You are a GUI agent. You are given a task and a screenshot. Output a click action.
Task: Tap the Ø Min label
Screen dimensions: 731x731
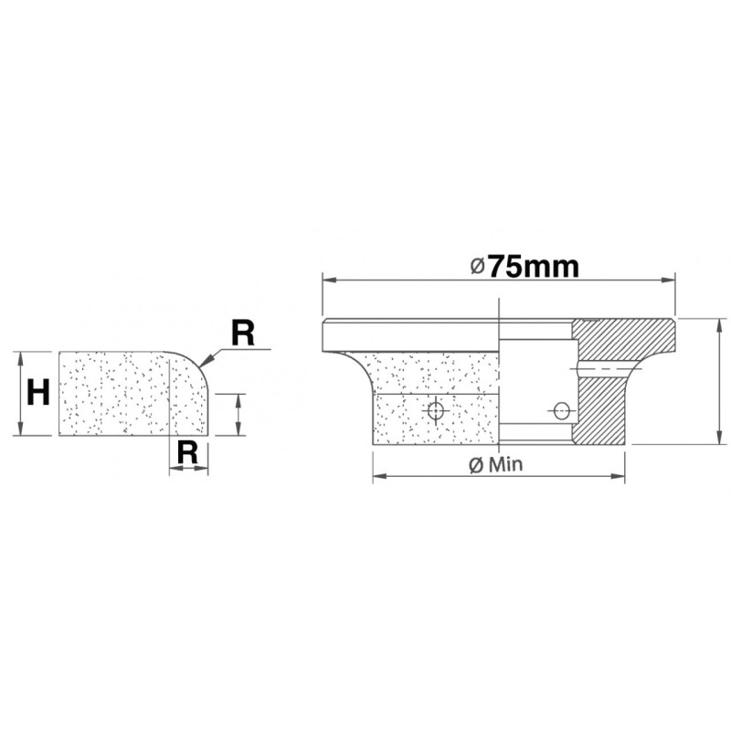pyautogui.click(x=493, y=464)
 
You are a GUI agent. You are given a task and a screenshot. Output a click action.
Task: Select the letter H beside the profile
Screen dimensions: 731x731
pyautogui.click(x=37, y=393)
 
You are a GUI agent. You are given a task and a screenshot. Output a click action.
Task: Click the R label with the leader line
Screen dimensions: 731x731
pyautogui.click(x=241, y=334)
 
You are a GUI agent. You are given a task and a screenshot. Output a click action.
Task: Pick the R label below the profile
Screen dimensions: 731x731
pyautogui.click(x=187, y=450)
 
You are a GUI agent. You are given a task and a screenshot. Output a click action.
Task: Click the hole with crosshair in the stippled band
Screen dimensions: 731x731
pyautogui.click(x=436, y=412)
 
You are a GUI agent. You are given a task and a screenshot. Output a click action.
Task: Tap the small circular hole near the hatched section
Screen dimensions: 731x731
pyautogui.click(x=562, y=410)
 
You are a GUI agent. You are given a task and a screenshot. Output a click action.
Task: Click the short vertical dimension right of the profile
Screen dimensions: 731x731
pyautogui.click(x=237, y=414)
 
